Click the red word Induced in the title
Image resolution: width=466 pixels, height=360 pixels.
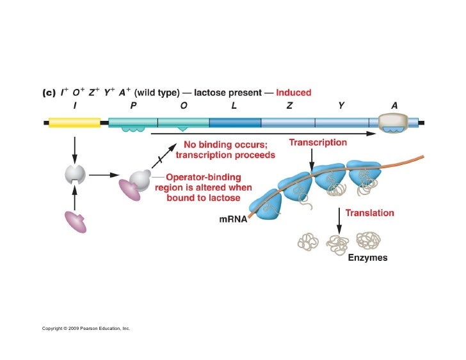[x=294, y=93]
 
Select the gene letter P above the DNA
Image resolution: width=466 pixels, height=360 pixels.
[x=133, y=106]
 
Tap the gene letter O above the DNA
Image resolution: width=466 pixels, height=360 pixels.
[x=184, y=106]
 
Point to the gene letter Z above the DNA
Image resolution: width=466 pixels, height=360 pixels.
[x=289, y=106]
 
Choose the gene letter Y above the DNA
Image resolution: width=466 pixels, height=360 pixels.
[x=341, y=106]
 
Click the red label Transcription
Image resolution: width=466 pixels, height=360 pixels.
[x=318, y=142]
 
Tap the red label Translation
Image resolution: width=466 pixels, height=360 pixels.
[x=370, y=213]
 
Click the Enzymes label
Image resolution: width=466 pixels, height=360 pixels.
[x=367, y=259]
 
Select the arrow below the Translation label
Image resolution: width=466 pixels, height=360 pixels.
[x=338, y=221]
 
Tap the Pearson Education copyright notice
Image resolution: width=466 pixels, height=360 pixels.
[x=86, y=328]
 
